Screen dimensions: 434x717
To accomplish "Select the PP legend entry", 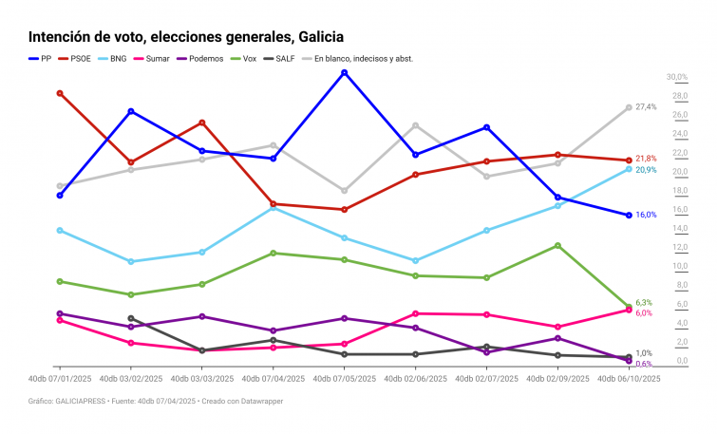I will [x=40, y=58].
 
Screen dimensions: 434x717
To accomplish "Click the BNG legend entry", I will [x=112, y=58].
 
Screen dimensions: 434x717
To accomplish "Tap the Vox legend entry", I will [x=244, y=58].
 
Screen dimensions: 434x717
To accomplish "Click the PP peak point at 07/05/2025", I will [x=344, y=72].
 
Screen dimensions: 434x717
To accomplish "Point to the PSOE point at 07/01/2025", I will [x=60, y=93].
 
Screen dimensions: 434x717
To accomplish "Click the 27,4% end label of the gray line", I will [x=646, y=107].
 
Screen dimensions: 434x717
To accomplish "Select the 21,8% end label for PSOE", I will [x=646, y=159].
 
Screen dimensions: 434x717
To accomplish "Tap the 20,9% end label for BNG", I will [x=646, y=170].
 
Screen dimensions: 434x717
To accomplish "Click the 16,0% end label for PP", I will [x=646, y=215].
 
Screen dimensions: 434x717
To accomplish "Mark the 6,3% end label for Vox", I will [x=643, y=303].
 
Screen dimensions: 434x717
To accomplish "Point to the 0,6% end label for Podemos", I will [x=643, y=364].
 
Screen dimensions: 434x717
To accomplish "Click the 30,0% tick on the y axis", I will [x=676, y=77].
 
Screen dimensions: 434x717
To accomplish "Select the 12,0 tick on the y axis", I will [x=679, y=248].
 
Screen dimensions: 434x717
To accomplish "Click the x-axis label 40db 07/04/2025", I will [x=273, y=378].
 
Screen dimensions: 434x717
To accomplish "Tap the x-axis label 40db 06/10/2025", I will [x=628, y=378].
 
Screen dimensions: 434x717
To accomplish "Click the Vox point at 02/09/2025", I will [x=557, y=245].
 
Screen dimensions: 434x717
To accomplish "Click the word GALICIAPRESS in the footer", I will [x=83, y=402].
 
